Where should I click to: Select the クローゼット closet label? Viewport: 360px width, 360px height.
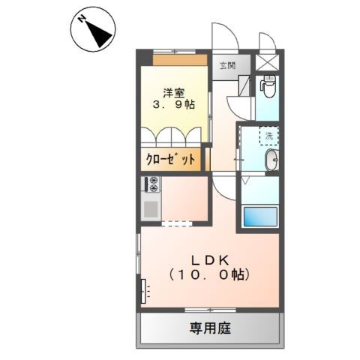pyautogui.click(x=170, y=159)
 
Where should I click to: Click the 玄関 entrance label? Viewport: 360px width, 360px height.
pyautogui.click(x=226, y=65)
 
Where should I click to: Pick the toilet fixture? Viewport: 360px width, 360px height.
pyautogui.click(x=268, y=88)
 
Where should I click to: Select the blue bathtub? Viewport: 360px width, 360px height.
pyautogui.click(x=259, y=217)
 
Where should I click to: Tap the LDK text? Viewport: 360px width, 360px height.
pyautogui.click(x=209, y=259)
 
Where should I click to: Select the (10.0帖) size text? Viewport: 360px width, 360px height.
pyautogui.click(x=209, y=274)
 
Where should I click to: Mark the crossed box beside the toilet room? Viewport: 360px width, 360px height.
pyautogui.click(x=268, y=62)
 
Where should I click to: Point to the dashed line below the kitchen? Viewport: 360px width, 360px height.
pyautogui.click(x=176, y=223)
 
